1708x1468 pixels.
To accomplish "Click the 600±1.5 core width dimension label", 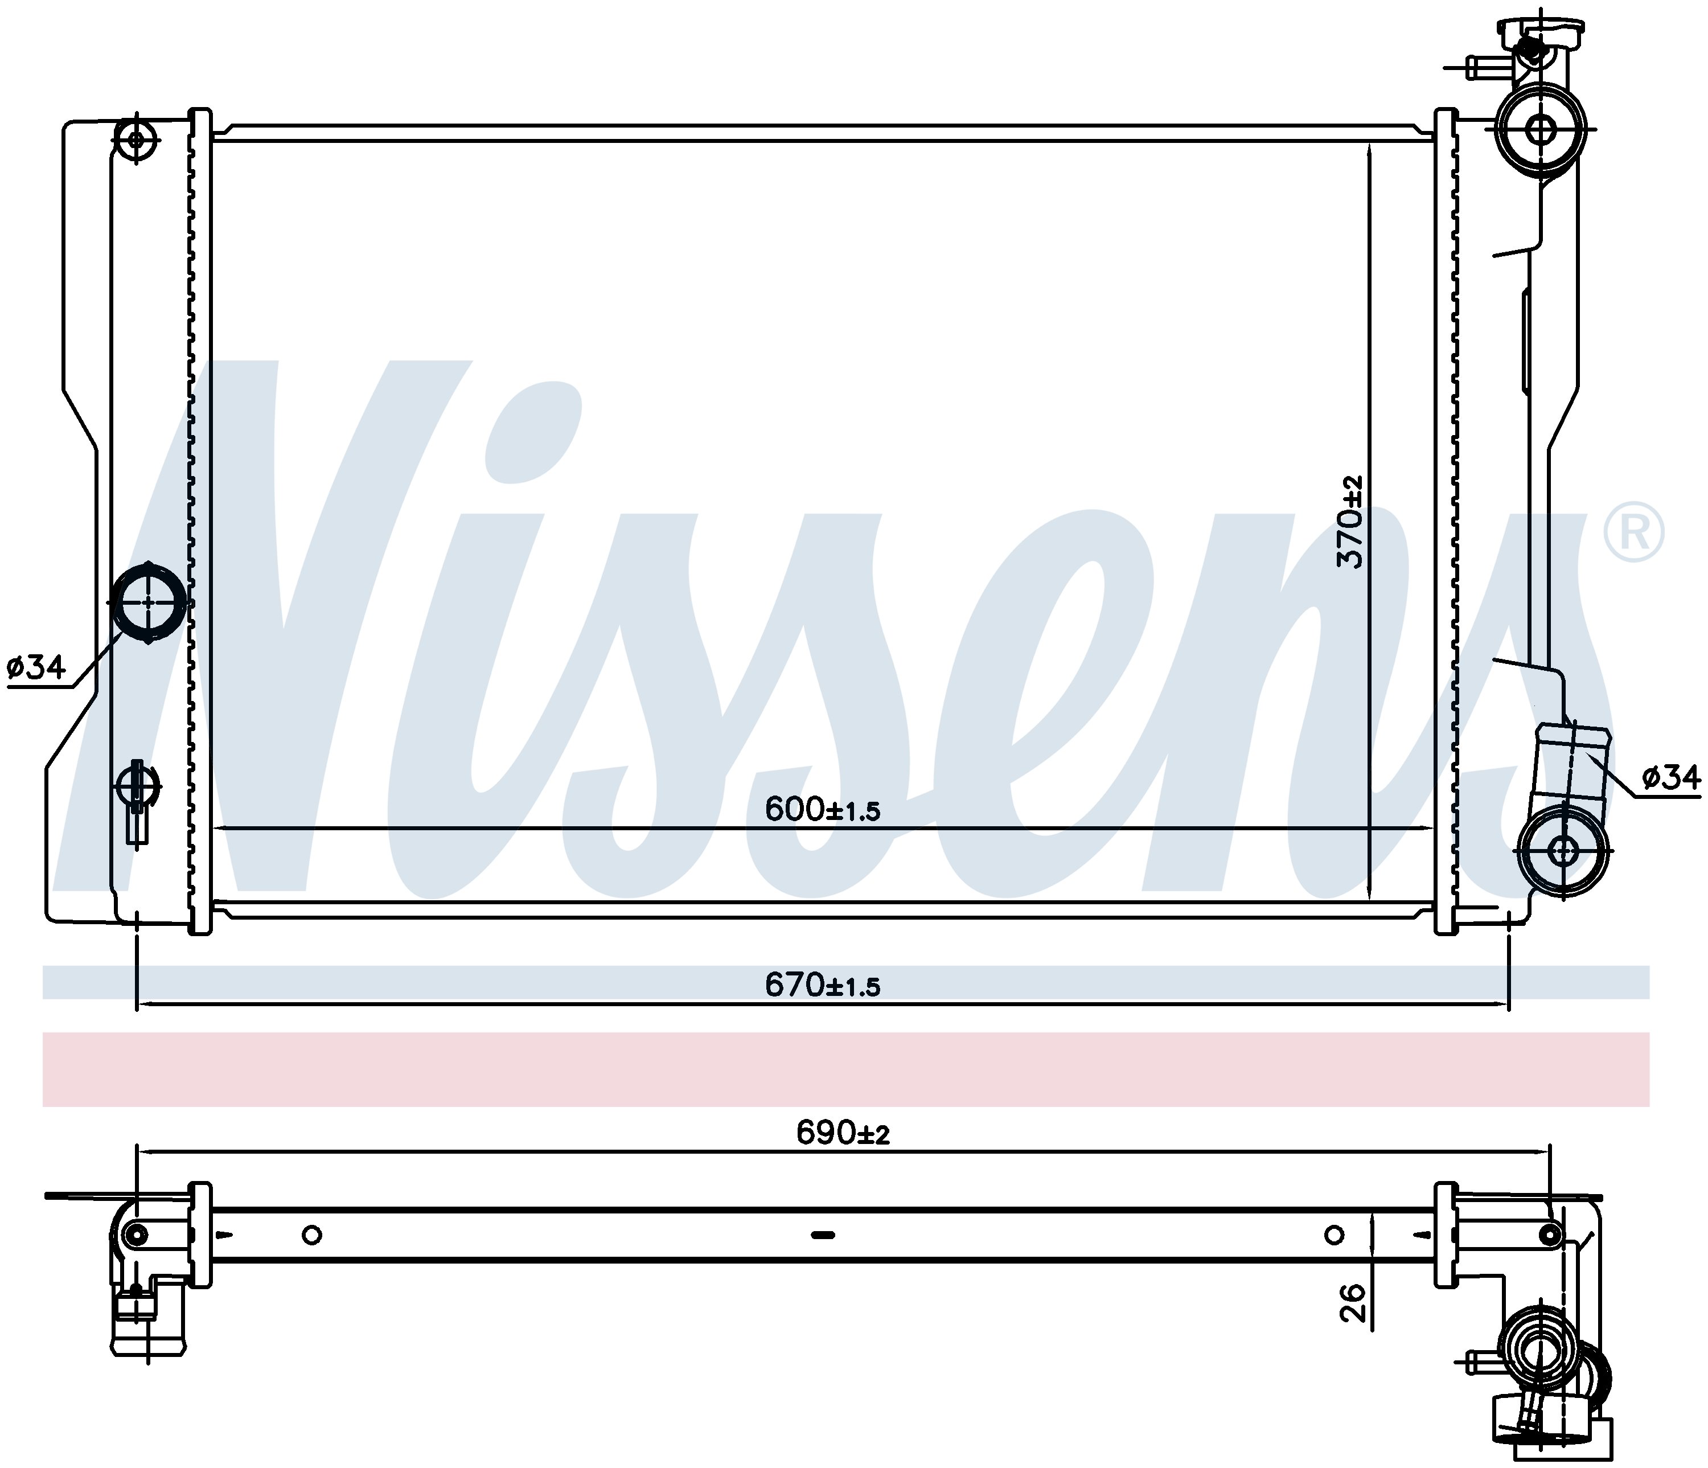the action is [823, 809].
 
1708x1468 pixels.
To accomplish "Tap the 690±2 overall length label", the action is [843, 1133].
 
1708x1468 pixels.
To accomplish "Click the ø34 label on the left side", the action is [36, 666].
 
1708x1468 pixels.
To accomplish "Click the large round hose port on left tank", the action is [149, 602].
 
